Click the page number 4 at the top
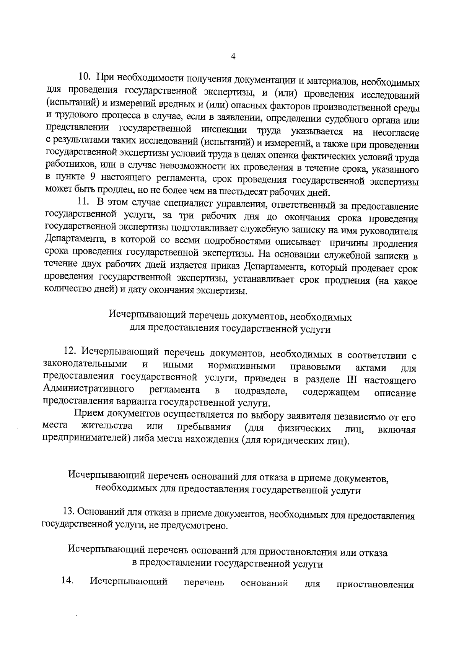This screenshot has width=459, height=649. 233,56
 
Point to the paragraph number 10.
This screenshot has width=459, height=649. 84,76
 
